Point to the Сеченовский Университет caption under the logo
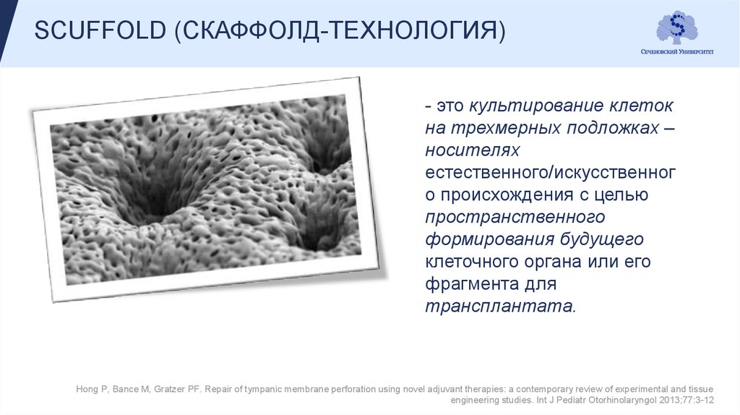(677, 53)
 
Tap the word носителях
(473, 150)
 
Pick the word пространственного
(515, 216)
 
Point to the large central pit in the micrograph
(155, 206)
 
